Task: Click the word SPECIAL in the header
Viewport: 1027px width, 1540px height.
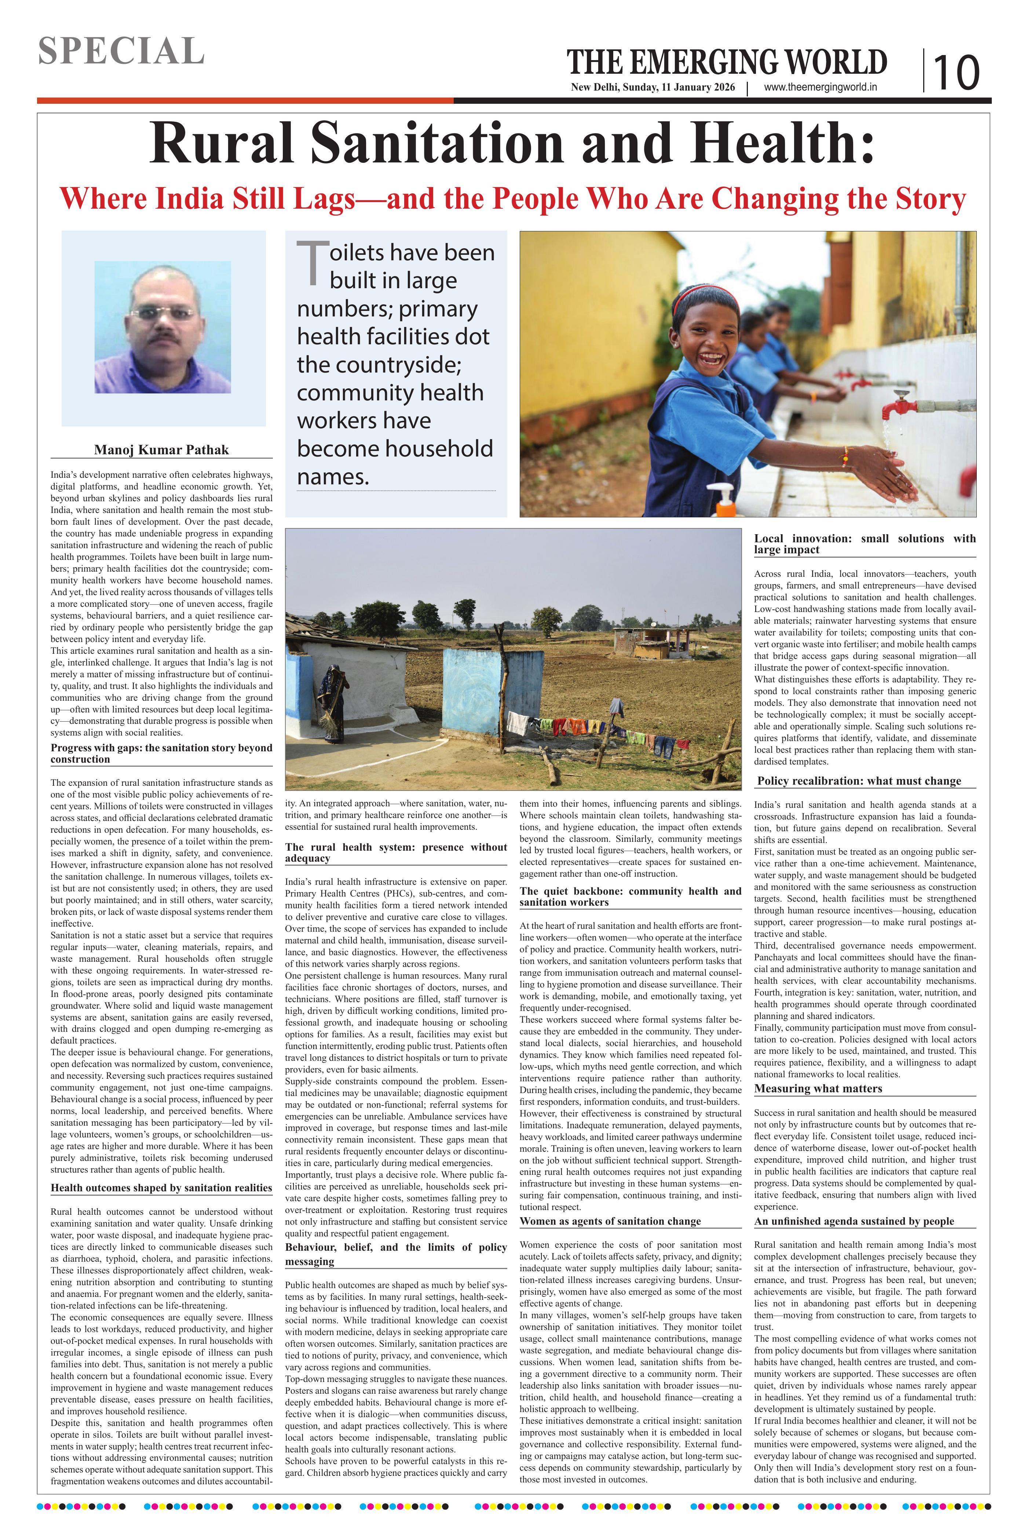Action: click(121, 51)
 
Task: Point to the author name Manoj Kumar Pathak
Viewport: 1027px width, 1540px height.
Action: click(162, 450)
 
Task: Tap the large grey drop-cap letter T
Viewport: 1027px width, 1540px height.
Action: click(312, 262)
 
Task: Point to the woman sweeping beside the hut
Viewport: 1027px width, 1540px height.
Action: click(332, 704)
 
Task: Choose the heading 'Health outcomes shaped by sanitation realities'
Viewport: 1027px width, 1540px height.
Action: click(161, 1188)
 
